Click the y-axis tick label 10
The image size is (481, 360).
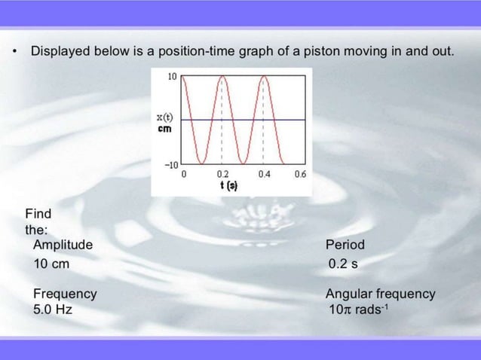click(x=172, y=77)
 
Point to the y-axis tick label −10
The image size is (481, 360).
click(x=170, y=164)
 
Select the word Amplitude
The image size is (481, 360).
click(x=63, y=245)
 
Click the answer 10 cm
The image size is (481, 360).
click(x=51, y=264)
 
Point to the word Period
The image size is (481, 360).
click(x=345, y=245)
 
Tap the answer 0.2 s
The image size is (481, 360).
click(x=343, y=264)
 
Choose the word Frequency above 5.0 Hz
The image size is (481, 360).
click(x=65, y=294)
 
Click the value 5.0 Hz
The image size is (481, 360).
click(x=53, y=309)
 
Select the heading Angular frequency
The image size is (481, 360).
click(x=380, y=294)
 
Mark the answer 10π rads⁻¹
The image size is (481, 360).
click(x=358, y=310)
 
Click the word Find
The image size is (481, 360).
click(x=38, y=213)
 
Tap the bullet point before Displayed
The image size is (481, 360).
click(x=14, y=53)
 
